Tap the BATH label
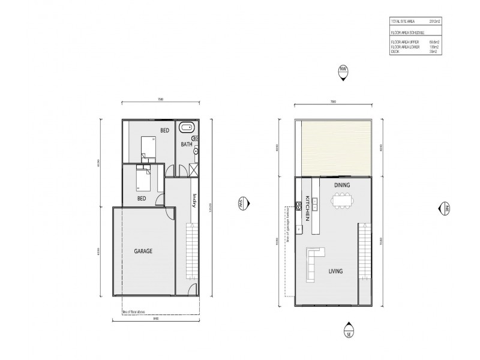186,145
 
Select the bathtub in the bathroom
188,128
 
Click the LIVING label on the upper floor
335,271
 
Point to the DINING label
342,185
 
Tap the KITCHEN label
307,208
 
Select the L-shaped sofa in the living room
313,262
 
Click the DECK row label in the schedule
395,52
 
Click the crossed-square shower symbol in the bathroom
193,169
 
